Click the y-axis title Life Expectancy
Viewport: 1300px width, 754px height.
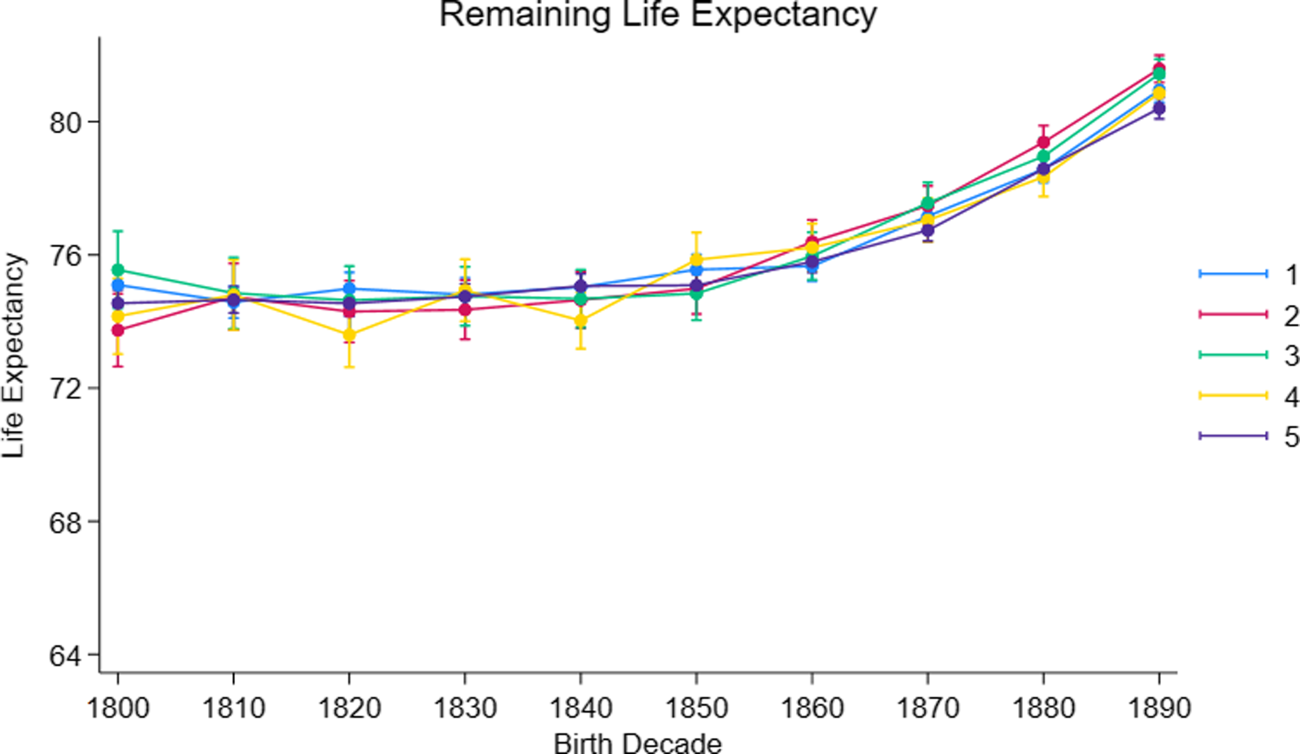pyautogui.click(x=14, y=357)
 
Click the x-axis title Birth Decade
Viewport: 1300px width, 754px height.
pyautogui.click(x=638, y=743)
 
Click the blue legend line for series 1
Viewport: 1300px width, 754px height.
pyautogui.click(x=1233, y=274)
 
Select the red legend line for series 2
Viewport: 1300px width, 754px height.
pyautogui.click(x=1233, y=314)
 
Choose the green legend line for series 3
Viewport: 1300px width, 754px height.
pyautogui.click(x=1233, y=354)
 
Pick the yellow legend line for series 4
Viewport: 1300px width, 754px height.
pyautogui.click(x=1233, y=395)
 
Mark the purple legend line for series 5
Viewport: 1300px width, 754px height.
pyautogui.click(x=1233, y=436)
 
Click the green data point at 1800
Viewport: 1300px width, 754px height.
pyautogui.click(x=118, y=270)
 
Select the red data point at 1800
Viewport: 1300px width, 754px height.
pyautogui.click(x=118, y=331)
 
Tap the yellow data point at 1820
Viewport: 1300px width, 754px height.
pyautogui.click(x=349, y=335)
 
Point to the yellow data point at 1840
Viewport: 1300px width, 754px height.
pyautogui.click(x=581, y=320)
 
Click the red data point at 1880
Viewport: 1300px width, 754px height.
pyautogui.click(x=1044, y=142)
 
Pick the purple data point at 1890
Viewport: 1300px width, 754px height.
pyautogui.click(x=1159, y=108)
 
